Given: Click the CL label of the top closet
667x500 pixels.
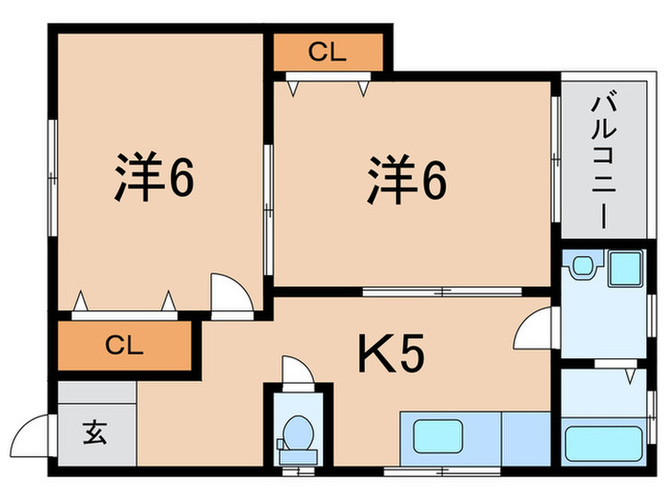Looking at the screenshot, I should (x=327, y=53).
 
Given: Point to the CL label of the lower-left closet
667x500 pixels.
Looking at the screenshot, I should (x=124, y=345).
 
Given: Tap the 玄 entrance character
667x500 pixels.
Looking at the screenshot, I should (x=96, y=435).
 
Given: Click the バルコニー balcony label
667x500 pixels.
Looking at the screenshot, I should (x=601, y=161).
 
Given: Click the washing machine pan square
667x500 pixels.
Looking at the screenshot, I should (x=625, y=270).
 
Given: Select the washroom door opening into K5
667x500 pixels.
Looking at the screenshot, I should (x=536, y=331).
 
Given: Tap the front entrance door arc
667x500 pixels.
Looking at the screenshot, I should (x=36, y=438).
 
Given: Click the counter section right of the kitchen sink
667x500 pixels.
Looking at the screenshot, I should (x=525, y=439).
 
